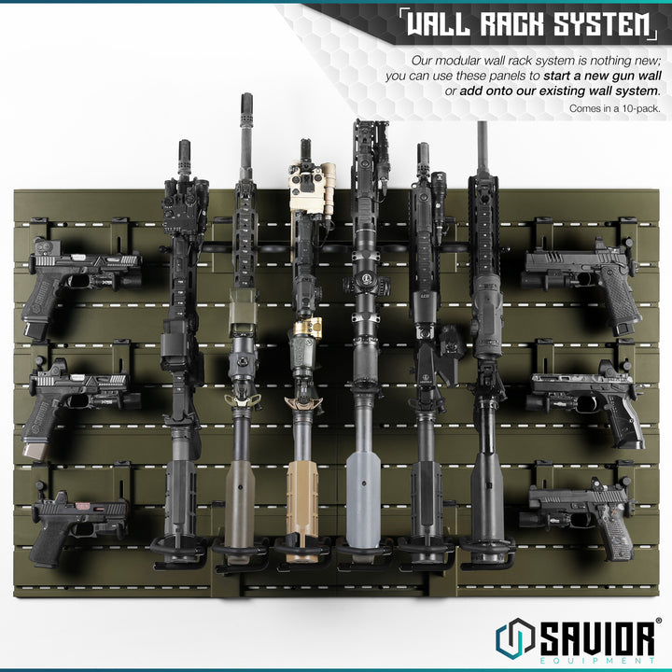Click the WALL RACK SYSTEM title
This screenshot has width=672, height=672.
(528, 25)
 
